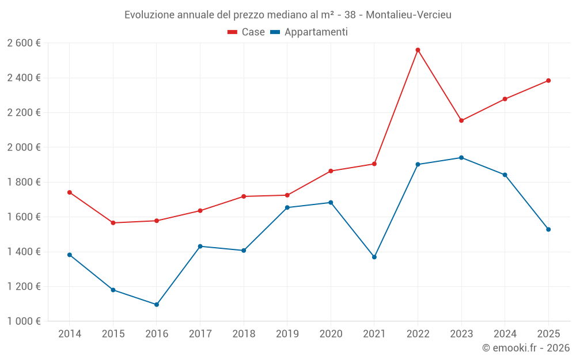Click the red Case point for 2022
coord(418,50)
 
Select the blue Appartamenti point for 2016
coord(157,305)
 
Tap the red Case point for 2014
coord(70,192)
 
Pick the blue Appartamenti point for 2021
coord(374,257)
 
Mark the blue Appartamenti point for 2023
coord(461,158)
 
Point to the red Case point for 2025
coord(548,81)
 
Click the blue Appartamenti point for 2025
coord(548,230)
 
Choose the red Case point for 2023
coord(461,120)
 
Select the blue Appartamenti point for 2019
coord(287,207)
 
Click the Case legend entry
coord(247,32)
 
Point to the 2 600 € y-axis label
coord(24,43)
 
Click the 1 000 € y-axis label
coord(24,321)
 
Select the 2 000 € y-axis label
coord(24,147)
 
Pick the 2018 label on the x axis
coord(244,334)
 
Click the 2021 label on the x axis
coord(374,334)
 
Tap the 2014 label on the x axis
coord(70,334)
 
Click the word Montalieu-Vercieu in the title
coord(408,14)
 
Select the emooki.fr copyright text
coord(526,348)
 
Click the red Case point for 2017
coord(200,211)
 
